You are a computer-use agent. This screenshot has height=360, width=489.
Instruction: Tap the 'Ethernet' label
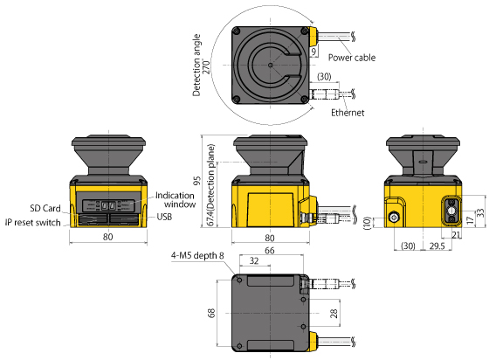pyautogui.click(x=347, y=114)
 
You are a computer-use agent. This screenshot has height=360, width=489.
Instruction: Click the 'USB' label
pyautogui.click(x=164, y=217)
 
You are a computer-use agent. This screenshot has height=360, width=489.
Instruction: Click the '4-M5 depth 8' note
pyautogui.click(x=197, y=256)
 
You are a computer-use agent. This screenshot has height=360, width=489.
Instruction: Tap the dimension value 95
pyautogui.click(x=197, y=181)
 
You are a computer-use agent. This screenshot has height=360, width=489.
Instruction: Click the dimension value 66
pyautogui.click(x=270, y=251)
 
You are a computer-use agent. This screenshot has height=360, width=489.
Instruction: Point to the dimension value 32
pyautogui.click(x=254, y=261)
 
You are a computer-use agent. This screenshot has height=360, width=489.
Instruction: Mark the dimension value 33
pyautogui.click(x=481, y=212)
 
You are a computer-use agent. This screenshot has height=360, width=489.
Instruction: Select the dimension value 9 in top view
pyautogui.click(x=314, y=53)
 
